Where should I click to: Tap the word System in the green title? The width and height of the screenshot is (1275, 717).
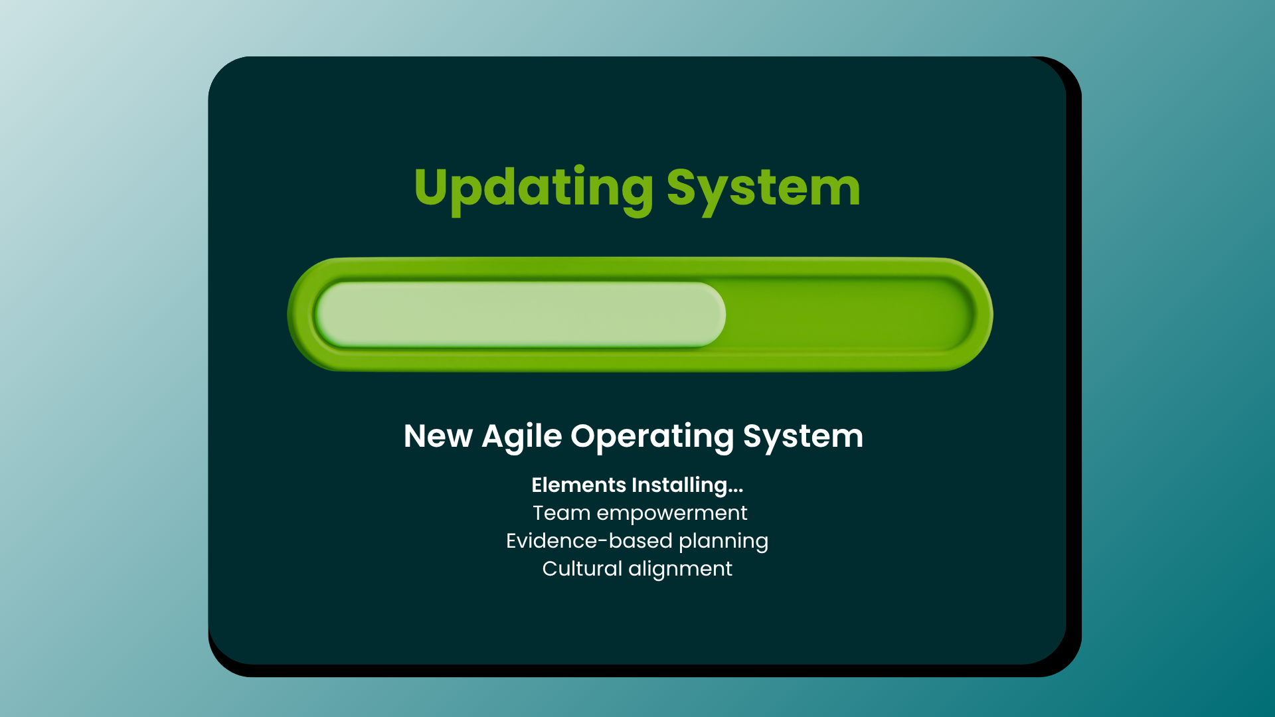tap(763, 188)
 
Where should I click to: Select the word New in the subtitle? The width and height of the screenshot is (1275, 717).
tap(438, 436)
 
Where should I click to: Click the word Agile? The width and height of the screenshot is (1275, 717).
tap(522, 436)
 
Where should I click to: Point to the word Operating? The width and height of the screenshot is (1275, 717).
tap(652, 436)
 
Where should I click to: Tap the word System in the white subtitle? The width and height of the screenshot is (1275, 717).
tap(803, 436)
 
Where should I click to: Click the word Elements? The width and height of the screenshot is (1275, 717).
tap(578, 485)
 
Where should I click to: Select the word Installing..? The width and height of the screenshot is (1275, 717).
tap(679, 485)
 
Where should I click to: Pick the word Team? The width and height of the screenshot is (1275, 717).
tap(561, 513)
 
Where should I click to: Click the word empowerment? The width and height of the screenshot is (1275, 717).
tap(671, 513)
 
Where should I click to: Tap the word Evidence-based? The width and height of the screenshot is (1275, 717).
tap(589, 540)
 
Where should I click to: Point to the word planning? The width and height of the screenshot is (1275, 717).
tap(723, 542)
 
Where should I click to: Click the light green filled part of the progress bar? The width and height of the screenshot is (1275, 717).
tap(518, 314)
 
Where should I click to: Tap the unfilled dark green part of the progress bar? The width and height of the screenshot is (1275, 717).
tap(843, 314)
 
